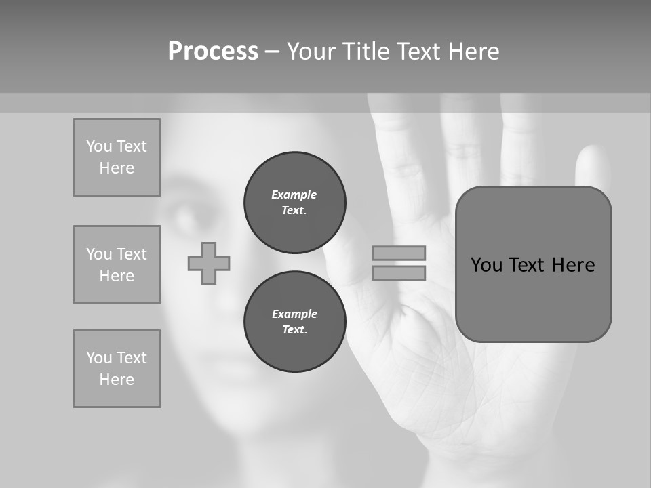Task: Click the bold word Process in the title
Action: [213, 52]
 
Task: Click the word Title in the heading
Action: [363, 52]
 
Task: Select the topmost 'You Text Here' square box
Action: [117, 157]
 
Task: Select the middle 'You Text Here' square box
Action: [117, 264]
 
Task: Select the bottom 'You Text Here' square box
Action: [117, 369]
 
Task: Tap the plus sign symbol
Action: [209, 263]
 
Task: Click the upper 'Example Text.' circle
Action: [294, 203]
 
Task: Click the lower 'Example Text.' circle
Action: [294, 322]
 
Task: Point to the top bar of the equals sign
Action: [399, 253]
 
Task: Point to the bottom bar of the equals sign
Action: [399, 272]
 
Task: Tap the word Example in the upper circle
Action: [294, 195]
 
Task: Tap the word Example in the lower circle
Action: [294, 314]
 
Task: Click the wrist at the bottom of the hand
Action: [475, 461]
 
